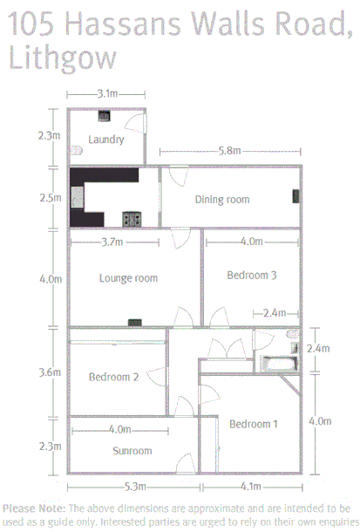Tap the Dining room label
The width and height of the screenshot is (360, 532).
(221, 200)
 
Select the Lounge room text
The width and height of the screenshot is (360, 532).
(128, 278)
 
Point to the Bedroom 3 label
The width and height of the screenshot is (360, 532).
(252, 275)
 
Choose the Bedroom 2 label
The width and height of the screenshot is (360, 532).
(114, 378)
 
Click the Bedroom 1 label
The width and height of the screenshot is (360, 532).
(254, 424)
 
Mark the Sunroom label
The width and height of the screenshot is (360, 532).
(132, 451)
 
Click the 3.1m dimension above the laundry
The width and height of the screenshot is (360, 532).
(108, 92)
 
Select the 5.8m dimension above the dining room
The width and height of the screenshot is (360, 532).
(230, 151)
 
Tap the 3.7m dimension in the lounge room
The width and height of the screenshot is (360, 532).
(111, 241)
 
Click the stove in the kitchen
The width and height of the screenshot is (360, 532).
(132, 217)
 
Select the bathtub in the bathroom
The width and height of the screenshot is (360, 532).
(279, 365)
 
